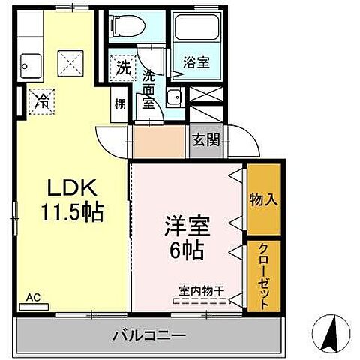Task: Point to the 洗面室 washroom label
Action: (148, 88)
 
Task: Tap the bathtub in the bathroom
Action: (194, 31)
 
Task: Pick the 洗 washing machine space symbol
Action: (121, 65)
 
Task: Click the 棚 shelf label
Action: (120, 104)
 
